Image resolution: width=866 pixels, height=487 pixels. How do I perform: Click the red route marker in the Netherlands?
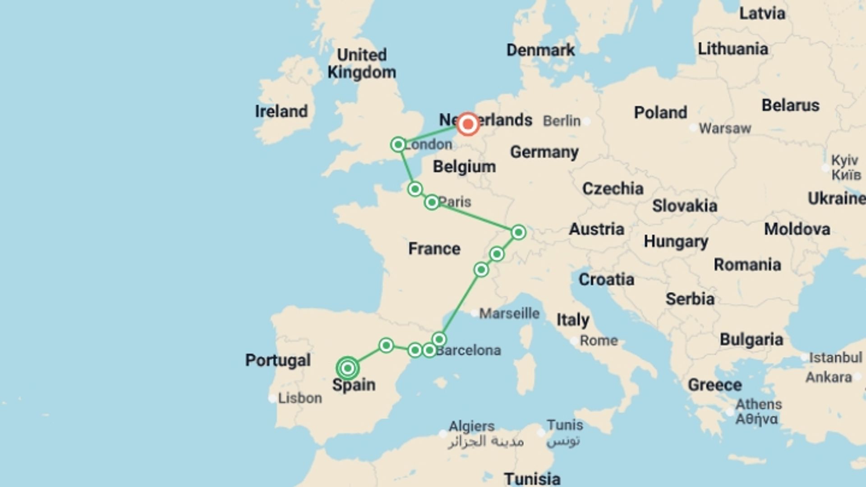tap(468, 124)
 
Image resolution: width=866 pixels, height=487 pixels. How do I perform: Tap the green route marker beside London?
tap(398, 145)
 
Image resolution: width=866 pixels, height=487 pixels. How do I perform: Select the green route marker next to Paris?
tap(432, 202)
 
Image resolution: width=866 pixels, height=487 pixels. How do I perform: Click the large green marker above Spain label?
tap(347, 368)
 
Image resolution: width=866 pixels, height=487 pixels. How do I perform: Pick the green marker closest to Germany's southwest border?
tap(518, 232)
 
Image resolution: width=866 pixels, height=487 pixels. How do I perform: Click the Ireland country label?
tap(281, 111)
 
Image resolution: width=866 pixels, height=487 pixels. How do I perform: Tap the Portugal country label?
tap(278, 360)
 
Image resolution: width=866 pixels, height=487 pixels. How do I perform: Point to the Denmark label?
tap(540, 50)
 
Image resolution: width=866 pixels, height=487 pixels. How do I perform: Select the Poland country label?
tap(660, 113)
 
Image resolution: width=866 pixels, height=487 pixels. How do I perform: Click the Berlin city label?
tap(562, 121)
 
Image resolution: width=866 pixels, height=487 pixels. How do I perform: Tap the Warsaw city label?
tap(725, 129)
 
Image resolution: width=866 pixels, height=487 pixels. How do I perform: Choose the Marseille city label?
tap(509, 313)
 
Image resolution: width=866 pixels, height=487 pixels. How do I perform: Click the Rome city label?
tap(598, 340)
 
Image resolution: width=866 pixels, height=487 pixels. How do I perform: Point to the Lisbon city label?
tap(300, 398)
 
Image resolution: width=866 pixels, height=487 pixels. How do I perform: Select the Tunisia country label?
tap(532, 478)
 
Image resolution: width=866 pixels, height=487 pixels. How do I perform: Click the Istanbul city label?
tap(835, 358)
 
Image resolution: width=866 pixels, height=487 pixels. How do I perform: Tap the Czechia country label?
tap(613, 188)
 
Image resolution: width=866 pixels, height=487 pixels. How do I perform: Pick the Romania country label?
tap(747, 265)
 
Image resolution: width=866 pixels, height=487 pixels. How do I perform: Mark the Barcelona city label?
tap(468, 350)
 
